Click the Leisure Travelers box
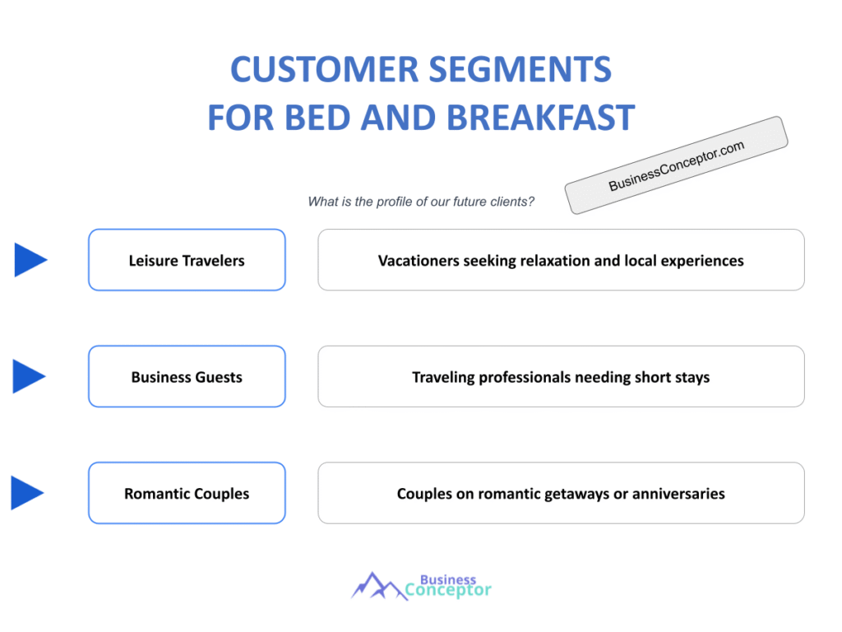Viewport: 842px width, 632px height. pos(187,260)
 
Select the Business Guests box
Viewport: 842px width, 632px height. pos(187,377)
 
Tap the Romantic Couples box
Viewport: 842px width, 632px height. pos(187,494)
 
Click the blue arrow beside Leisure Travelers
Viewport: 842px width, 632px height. pos(30,260)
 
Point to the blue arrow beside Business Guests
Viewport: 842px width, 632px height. pos(29,376)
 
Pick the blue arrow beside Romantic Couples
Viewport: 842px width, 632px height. pos(27,493)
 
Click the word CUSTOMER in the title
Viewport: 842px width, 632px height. pos(324,69)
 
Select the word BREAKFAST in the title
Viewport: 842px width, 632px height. pos(541,118)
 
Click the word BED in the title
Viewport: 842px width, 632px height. pos(317,118)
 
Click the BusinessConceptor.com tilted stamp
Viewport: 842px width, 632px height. pos(676,165)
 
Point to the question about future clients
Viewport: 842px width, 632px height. pos(421,202)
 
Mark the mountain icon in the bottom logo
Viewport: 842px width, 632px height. pos(379,586)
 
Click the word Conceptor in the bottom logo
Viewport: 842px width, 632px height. pos(448,590)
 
